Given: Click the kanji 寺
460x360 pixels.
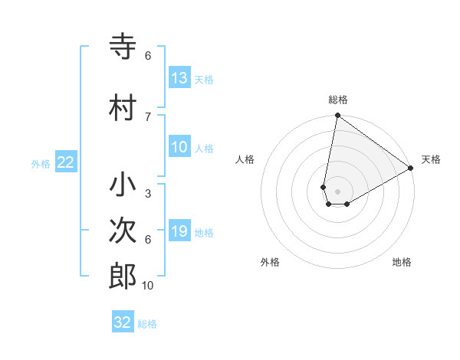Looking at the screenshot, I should [x=123, y=47].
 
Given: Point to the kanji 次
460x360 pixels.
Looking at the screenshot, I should [x=123, y=231].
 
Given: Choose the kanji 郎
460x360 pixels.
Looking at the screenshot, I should [x=123, y=276].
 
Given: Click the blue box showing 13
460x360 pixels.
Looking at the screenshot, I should [x=179, y=78].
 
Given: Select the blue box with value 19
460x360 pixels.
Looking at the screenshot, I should [x=179, y=231].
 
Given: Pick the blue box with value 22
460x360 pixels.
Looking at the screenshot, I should [x=66, y=162].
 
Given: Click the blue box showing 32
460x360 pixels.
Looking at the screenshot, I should [x=123, y=322].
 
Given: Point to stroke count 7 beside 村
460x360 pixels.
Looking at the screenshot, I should [x=148, y=116].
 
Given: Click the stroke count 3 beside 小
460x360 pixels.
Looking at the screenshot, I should [x=148, y=194].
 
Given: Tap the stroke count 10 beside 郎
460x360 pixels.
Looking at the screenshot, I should [x=148, y=286].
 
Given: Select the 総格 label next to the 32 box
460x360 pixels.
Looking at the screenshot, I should [x=147, y=324].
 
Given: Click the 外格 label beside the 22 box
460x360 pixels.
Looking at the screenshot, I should [x=41, y=163].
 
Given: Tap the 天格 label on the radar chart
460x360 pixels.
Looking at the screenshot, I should [x=431, y=159].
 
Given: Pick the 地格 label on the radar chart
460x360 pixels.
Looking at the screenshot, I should [x=402, y=262].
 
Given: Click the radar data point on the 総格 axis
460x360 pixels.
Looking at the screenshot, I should [x=337, y=116].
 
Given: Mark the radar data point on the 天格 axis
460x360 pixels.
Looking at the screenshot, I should [x=410, y=168].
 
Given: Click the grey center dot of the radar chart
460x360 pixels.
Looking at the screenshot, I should [x=337, y=191].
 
